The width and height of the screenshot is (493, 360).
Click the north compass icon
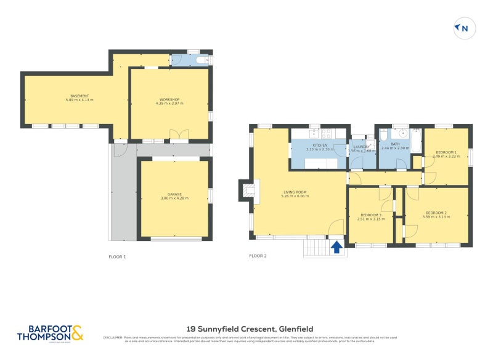click(462, 28)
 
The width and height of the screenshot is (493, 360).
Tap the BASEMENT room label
click(79, 96)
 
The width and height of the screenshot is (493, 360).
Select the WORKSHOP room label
click(169, 99)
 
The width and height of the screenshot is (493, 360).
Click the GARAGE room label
click(174, 194)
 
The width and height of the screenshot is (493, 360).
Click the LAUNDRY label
click(362, 147)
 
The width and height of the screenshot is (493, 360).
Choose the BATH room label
click(395, 144)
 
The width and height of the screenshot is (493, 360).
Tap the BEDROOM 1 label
click(446, 152)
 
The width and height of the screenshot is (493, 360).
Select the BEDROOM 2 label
click(436, 213)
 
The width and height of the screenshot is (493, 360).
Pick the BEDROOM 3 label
click(371, 215)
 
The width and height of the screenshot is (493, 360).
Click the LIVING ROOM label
click(295, 192)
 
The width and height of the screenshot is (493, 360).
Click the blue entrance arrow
click(336, 247)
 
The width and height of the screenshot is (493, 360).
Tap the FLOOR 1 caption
click(117, 256)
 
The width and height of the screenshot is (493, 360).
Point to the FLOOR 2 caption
click(258, 256)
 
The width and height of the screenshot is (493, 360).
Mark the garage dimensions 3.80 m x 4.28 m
click(174, 198)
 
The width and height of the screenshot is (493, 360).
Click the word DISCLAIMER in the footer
click(113, 337)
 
